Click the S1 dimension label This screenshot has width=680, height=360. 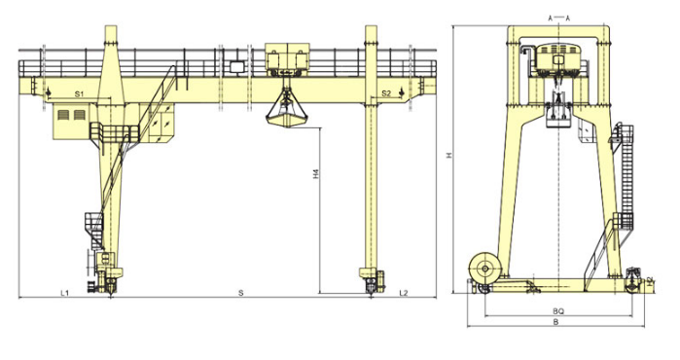(79, 93)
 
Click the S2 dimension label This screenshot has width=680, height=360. (386, 93)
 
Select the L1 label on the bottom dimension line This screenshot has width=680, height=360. (64, 293)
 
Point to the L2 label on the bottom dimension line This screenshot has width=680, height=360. (404, 293)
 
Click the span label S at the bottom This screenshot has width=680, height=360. (241, 293)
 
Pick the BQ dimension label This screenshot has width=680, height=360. (558, 311)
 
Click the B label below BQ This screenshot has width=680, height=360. (556, 322)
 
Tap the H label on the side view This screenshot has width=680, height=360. (449, 155)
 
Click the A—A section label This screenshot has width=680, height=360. (558, 18)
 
